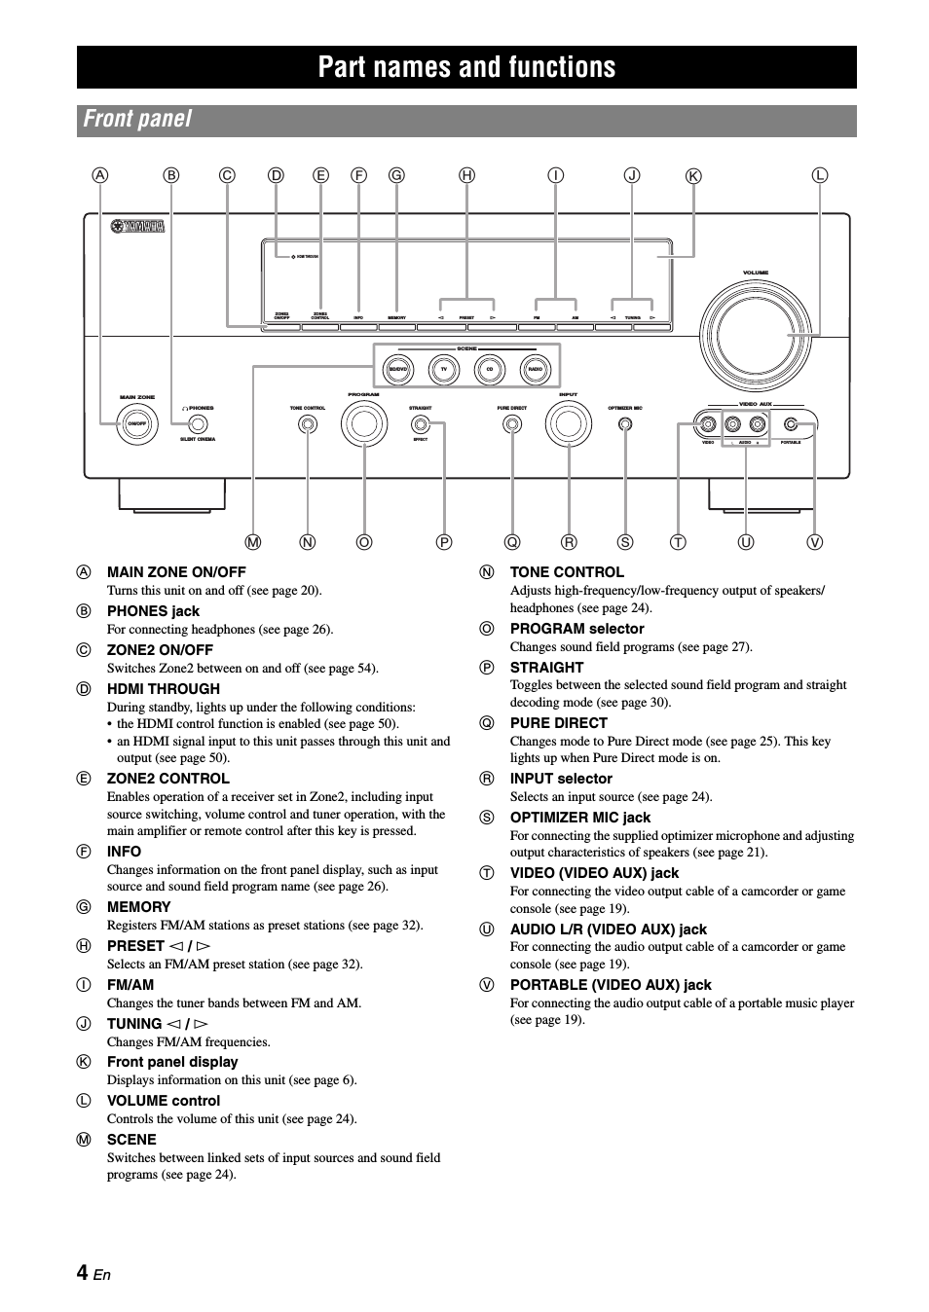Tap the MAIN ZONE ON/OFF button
point(137,424)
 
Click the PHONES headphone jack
point(198,424)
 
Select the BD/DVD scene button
point(398,370)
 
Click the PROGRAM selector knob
point(363,423)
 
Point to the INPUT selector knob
point(569,423)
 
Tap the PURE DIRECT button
point(511,424)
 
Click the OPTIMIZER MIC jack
point(625,424)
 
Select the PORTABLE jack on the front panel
point(791,423)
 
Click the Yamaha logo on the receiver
point(137,226)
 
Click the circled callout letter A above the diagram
point(100,175)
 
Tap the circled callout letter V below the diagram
point(814,542)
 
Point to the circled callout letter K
point(693,176)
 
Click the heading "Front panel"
point(137,120)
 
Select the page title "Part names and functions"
point(466,67)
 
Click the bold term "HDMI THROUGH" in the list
point(163,689)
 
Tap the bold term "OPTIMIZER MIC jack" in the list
point(579,818)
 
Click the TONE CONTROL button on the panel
point(308,424)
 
